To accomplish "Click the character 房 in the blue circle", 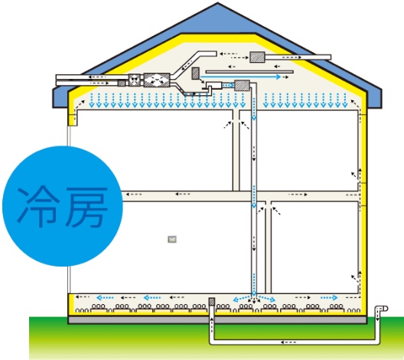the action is click(x=86, y=207).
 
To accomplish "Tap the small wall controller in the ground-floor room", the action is click(x=172, y=239).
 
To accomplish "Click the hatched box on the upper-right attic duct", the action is click(x=257, y=57).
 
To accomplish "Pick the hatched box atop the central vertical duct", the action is click(x=242, y=86).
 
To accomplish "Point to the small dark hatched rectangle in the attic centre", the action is click(x=195, y=74).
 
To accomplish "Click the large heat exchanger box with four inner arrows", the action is click(x=157, y=80).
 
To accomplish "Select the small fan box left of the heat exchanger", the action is click(x=134, y=80).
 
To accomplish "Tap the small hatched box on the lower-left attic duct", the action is click(x=122, y=83).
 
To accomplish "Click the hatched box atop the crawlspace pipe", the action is click(x=212, y=302).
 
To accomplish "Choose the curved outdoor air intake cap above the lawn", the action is click(x=381, y=309).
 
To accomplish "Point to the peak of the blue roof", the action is click(x=217, y=2).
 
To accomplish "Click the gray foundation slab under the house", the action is click(x=217, y=320).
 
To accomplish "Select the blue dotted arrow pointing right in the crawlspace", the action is click(x=329, y=298).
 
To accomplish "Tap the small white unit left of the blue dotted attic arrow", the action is click(x=213, y=85).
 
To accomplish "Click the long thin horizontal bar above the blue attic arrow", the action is click(x=249, y=72).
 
